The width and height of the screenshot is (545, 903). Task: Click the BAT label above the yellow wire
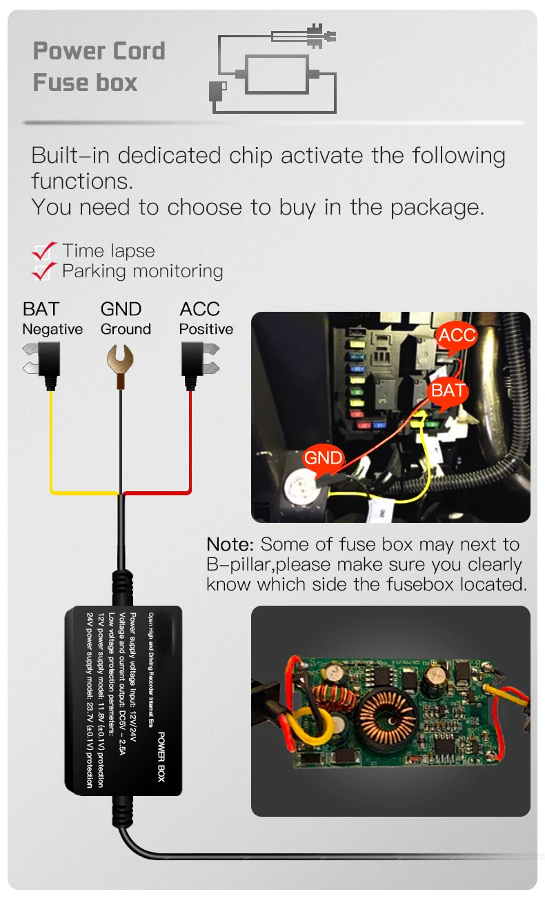pyautogui.click(x=41, y=309)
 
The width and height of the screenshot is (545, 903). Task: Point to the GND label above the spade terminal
pyautogui.click(x=121, y=309)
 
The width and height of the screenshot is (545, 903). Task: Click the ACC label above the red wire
pyautogui.click(x=199, y=309)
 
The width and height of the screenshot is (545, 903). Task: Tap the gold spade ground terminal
pyautogui.click(x=121, y=361)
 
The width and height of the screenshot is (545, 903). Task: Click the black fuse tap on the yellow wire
pyautogui.click(x=46, y=364)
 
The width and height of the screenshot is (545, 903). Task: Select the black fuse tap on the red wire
pyautogui.click(x=196, y=364)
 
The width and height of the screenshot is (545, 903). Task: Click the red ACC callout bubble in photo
pyautogui.click(x=457, y=336)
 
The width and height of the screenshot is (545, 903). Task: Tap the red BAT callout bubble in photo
pyautogui.click(x=448, y=390)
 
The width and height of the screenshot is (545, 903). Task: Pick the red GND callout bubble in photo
pyautogui.click(x=323, y=457)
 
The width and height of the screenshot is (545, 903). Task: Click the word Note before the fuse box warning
pyautogui.click(x=230, y=545)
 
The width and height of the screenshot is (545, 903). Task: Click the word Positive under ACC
pyautogui.click(x=206, y=330)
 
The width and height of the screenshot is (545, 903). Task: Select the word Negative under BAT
pyautogui.click(x=52, y=330)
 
